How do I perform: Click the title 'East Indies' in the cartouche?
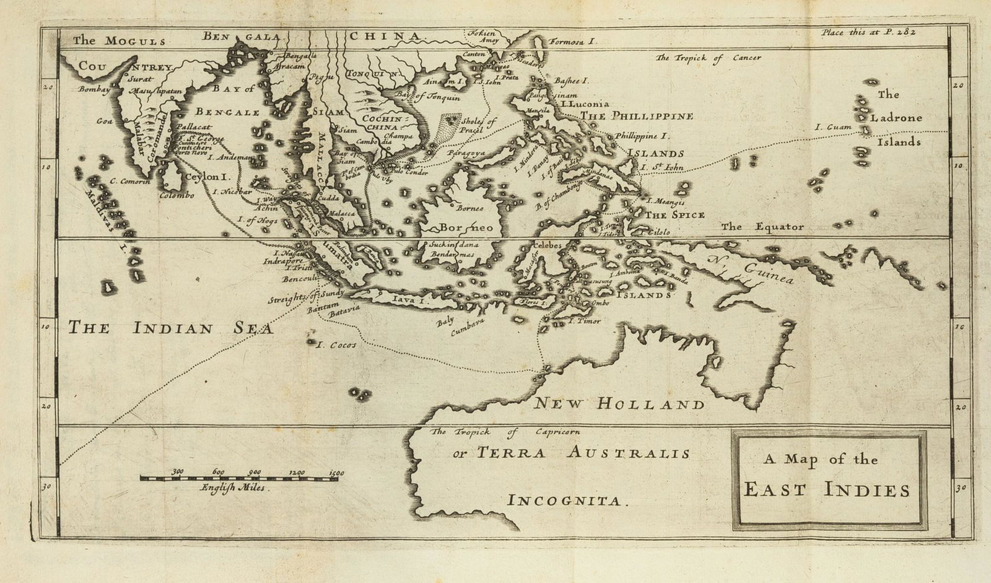pyautogui.click(x=826, y=490)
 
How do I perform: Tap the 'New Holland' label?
pyautogui.click(x=619, y=405)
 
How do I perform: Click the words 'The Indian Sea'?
pyautogui.click(x=171, y=328)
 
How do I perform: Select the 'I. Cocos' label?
pyautogui.click(x=336, y=345)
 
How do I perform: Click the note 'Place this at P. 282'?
pyautogui.click(x=868, y=32)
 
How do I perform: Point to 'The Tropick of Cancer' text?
pyautogui.click(x=708, y=58)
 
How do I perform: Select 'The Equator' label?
pyautogui.click(x=762, y=227)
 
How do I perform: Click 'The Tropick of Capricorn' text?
pyautogui.click(x=506, y=432)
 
